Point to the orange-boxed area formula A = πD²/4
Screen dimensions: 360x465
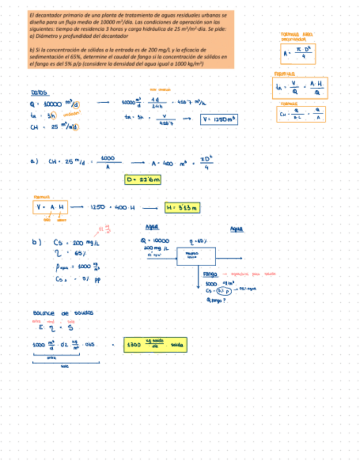(x=298, y=54)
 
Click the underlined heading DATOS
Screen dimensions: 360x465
(x=40, y=93)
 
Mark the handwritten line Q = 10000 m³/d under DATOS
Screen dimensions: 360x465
(x=55, y=104)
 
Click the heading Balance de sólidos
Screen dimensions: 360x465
(x=63, y=313)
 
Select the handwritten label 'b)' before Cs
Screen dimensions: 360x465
(x=36, y=242)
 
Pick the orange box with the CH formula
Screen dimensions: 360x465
(x=301, y=114)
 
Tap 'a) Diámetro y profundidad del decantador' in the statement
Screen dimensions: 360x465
(x=80, y=36)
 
